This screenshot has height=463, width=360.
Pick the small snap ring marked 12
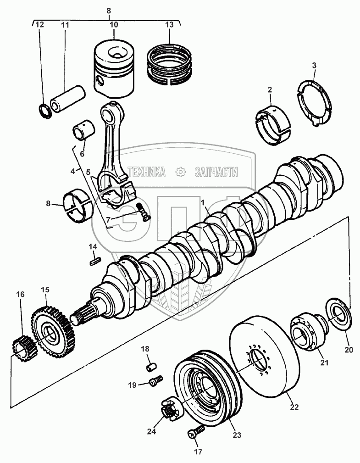pyautogui.click(x=45, y=110)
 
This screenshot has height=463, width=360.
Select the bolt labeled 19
pyautogui.click(x=156, y=380)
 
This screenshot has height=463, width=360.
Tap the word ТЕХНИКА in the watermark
pyautogui.click(x=148, y=172)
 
